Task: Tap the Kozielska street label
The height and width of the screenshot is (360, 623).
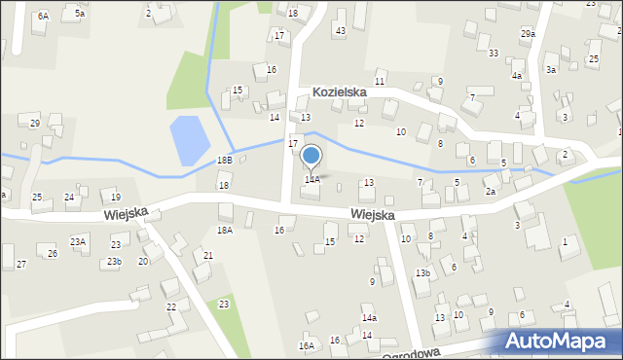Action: (339, 92)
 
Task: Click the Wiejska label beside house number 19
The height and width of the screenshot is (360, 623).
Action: (127, 211)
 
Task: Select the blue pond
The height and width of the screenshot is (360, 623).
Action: (187, 140)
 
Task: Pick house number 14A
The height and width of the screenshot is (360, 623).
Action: (311, 179)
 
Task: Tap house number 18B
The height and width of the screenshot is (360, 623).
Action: (225, 160)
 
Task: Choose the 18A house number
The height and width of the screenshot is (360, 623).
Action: (225, 231)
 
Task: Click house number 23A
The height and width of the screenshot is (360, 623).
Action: (78, 241)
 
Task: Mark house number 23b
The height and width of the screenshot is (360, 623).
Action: (114, 262)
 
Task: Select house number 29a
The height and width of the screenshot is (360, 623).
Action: (527, 34)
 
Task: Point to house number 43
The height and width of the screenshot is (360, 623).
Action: (340, 31)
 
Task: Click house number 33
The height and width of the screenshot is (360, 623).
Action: (494, 53)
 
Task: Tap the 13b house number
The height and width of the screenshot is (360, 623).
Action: (421, 273)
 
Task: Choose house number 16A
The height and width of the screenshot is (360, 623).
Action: (307, 345)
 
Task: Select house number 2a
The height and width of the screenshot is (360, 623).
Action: (492, 192)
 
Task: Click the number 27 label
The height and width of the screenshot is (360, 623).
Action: (20, 265)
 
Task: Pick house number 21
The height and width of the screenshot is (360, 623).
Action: (208, 255)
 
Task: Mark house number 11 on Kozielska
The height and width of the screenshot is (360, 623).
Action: (380, 81)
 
